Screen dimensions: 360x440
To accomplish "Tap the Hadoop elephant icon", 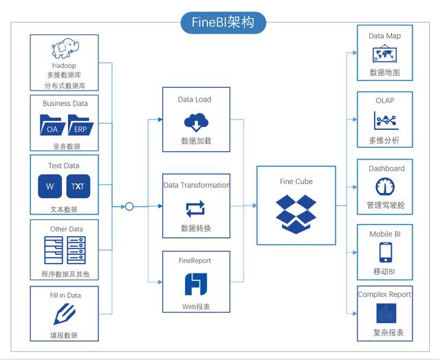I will tap(64, 50).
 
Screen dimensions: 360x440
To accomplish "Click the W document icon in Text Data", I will tap(50, 186).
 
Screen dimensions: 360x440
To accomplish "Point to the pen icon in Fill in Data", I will tap(65, 314).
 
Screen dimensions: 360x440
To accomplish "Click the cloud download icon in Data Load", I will tap(195, 122).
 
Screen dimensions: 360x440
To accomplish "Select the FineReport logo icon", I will tap(196, 284).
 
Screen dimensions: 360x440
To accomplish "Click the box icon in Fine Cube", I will tap(296, 212).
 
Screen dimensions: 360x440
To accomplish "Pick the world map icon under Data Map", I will tap(384, 54).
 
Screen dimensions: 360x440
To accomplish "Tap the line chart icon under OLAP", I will tap(385, 121).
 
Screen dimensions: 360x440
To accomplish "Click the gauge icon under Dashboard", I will tap(385, 187).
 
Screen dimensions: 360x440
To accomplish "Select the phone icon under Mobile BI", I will tap(385, 252).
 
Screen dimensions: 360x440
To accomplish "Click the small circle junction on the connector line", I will tap(129, 205).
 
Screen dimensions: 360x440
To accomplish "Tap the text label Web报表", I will tap(196, 305).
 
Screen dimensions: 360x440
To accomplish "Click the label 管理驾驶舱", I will tap(385, 205).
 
